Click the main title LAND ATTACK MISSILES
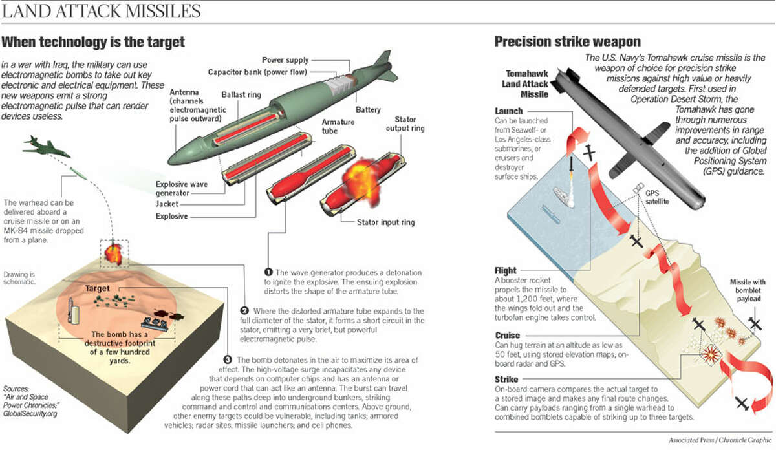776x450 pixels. [x=102, y=12]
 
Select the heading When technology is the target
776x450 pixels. [x=93, y=43]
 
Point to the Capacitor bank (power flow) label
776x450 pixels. [x=257, y=72]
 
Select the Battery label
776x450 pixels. [x=367, y=110]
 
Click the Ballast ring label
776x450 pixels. [x=241, y=94]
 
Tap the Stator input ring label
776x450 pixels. [x=385, y=223]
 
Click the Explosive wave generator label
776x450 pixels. [x=181, y=188]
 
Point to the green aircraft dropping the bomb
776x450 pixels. [x=45, y=145]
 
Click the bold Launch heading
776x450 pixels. [x=509, y=111]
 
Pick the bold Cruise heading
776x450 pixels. [x=507, y=336]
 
